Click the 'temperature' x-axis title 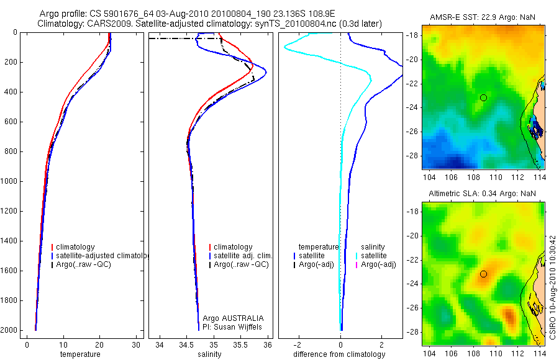coord(80,354)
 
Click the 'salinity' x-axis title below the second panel coord(209,354)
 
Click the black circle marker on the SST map coord(483,97)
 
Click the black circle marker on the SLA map coord(483,274)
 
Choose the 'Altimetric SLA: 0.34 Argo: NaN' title coord(482,194)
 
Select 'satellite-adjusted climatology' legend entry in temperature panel coord(103,256)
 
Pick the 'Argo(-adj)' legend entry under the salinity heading coord(378,265)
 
